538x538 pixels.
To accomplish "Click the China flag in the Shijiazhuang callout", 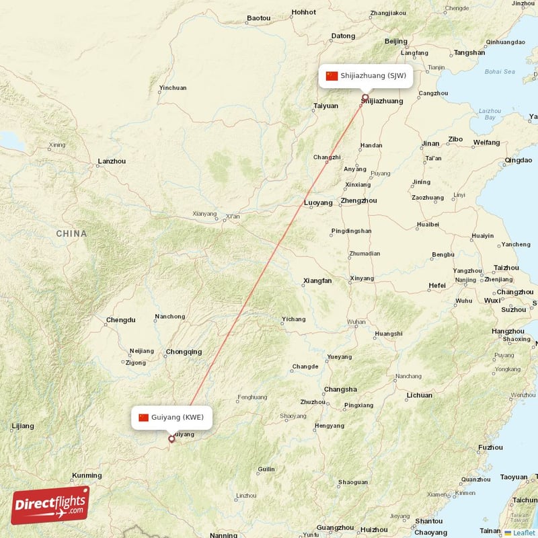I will point(332,76).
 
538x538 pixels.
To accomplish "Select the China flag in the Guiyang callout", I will point(143,418).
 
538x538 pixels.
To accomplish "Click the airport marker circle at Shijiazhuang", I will point(365,98).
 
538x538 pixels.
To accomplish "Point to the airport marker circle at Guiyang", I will point(171,439).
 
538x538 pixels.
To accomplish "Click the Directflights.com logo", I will point(50,505).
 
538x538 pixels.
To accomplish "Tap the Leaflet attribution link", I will point(523,533).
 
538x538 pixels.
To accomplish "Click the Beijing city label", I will point(395,42).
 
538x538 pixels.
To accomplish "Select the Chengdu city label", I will point(120,320).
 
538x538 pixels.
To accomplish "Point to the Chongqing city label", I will point(184,352).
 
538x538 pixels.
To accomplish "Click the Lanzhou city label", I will point(112,161).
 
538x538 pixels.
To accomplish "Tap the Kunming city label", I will point(87,475).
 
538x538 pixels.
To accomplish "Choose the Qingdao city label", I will point(518,161).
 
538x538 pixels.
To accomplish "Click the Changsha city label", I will point(340,389).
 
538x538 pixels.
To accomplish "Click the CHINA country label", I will point(71,234).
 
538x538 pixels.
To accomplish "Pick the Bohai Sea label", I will point(499,71).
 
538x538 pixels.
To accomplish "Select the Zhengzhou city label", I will point(359,200).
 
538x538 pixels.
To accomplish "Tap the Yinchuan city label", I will point(173,88).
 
